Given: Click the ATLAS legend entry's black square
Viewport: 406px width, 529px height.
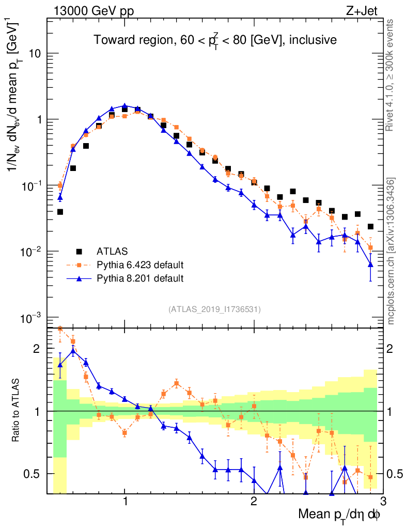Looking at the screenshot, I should click(x=79, y=252).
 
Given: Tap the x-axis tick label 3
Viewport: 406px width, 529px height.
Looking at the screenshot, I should click(x=382, y=501).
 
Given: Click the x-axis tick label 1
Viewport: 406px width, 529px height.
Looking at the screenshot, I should click(x=125, y=501).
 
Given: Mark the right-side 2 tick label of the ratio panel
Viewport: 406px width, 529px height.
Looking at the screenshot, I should click(x=394, y=349).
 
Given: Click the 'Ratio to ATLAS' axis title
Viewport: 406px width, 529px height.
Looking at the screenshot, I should click(x=17, y=411).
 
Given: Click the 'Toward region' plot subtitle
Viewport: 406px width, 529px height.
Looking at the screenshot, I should click(x=215, y=40).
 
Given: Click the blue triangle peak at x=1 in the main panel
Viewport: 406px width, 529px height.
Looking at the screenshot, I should click(x=124, y=106).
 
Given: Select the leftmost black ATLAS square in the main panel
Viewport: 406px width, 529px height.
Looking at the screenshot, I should click(x=60, y=212).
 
